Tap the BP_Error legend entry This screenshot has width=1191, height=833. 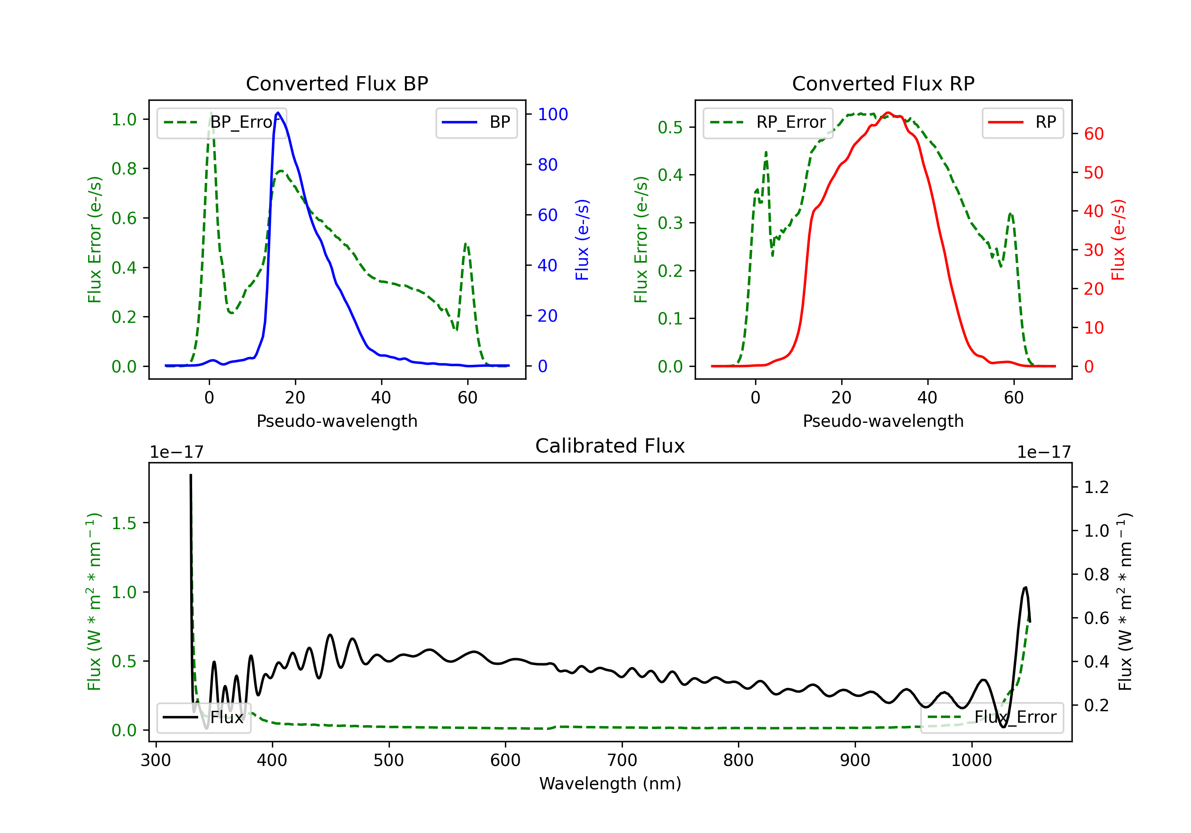click(x=222, y=122)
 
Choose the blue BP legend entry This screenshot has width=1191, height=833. click(x=476, y=122)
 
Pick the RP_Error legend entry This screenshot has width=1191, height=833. click(x=768, y=122)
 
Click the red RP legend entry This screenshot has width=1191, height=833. click(x=1022, y=122)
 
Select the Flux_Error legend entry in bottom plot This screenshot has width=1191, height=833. click(x=991, y=718)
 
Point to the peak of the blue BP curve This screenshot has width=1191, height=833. click(x=278, y=113)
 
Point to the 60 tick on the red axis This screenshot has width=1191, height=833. click(x=1093, y=134)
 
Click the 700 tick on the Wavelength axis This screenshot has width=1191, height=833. click(x=622, y=760)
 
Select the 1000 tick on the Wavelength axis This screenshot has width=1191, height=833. click(x=971, y=760)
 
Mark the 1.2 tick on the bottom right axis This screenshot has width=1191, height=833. click(x=1096, y=487)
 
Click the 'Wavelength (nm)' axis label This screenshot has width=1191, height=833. click(x=610, y=784)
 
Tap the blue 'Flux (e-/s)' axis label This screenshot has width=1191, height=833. click(x=582, y=240)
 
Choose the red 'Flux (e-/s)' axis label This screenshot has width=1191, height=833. click(x=1118, y=240)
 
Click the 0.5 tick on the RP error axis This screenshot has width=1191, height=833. click(x=670, y=127)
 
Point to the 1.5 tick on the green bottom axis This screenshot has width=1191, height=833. click(x=124, y=523)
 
